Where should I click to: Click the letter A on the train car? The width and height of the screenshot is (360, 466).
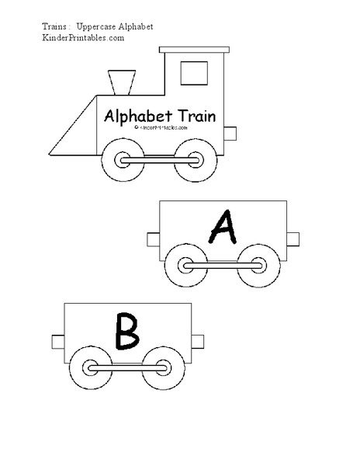(223, 228)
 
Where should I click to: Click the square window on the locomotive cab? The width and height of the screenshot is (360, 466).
(194, 72)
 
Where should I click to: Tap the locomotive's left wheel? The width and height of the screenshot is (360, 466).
(124, 159)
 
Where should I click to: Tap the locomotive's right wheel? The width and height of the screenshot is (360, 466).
(189, 159)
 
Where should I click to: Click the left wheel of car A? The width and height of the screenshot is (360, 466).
(186, 266)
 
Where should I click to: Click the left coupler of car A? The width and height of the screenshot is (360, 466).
(152, 238)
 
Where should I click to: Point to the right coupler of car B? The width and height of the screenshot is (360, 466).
(198, 341)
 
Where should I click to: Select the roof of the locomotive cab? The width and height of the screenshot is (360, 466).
(193, 49)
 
